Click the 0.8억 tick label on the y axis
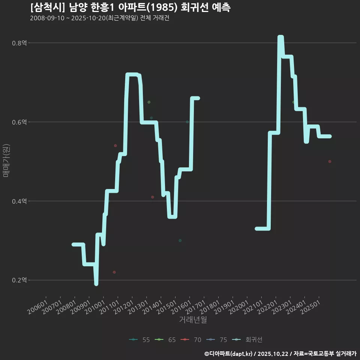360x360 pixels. click(x=19, y=43)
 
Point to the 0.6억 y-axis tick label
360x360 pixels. click(x=19, y=122)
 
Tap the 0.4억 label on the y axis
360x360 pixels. click(x=19, y=201)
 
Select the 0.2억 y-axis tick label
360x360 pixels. click(x=19, y=280)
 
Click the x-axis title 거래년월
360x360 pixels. click(x=193, y=320)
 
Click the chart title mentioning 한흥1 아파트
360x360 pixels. click(x=130, y=7)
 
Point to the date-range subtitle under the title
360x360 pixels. click(x=100, y=18)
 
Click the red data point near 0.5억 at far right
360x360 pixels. click(x=330, y=162)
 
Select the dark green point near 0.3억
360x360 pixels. click(x=180, y=240)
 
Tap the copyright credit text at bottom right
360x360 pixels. click(x=280, y=354)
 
